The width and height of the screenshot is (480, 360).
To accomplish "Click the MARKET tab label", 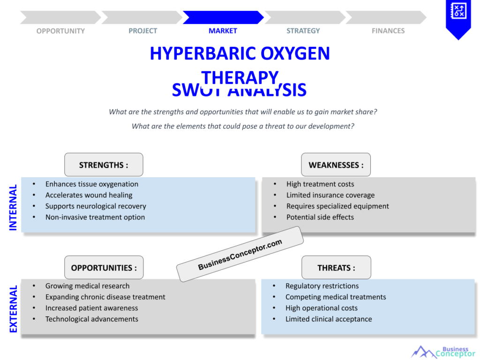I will [x=223, y=31].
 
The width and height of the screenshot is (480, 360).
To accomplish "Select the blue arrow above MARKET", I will [x=223, y=17].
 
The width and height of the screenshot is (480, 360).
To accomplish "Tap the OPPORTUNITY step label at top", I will [x=60, y=31].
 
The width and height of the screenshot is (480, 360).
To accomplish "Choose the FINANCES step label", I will [x=388, y=31].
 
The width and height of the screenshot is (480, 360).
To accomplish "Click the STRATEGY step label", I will [x=303, y=31].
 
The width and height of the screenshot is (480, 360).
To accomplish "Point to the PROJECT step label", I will [x=143, y=31].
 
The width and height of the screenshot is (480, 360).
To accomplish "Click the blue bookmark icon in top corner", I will [x=457, y=18].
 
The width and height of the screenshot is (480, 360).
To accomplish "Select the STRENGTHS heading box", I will [x=104, y=165].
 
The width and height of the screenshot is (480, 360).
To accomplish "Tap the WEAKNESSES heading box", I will [x=336, y=165].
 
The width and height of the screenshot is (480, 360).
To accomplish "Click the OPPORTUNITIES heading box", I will [x=104, y=268].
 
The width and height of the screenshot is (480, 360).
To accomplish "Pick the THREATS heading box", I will [x=336, y=268].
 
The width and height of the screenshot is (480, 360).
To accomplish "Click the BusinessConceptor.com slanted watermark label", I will [x=240, y=254].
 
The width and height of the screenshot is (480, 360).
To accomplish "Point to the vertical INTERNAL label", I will [x=13, y=207].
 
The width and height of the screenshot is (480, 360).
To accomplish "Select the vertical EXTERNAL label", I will [x=13, y=309].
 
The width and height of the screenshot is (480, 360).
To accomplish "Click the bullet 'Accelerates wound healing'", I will [x=89, y=195].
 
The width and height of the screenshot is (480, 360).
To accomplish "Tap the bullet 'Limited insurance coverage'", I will [x=330, y=195].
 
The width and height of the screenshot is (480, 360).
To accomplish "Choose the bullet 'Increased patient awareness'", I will [x=91, y=308].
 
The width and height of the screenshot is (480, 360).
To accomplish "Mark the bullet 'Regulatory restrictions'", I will [x=322, y=286].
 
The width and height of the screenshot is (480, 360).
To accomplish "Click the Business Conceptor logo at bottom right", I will [x=442, y=351].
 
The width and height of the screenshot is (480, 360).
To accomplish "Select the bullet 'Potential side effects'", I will [x=320, y=217].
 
